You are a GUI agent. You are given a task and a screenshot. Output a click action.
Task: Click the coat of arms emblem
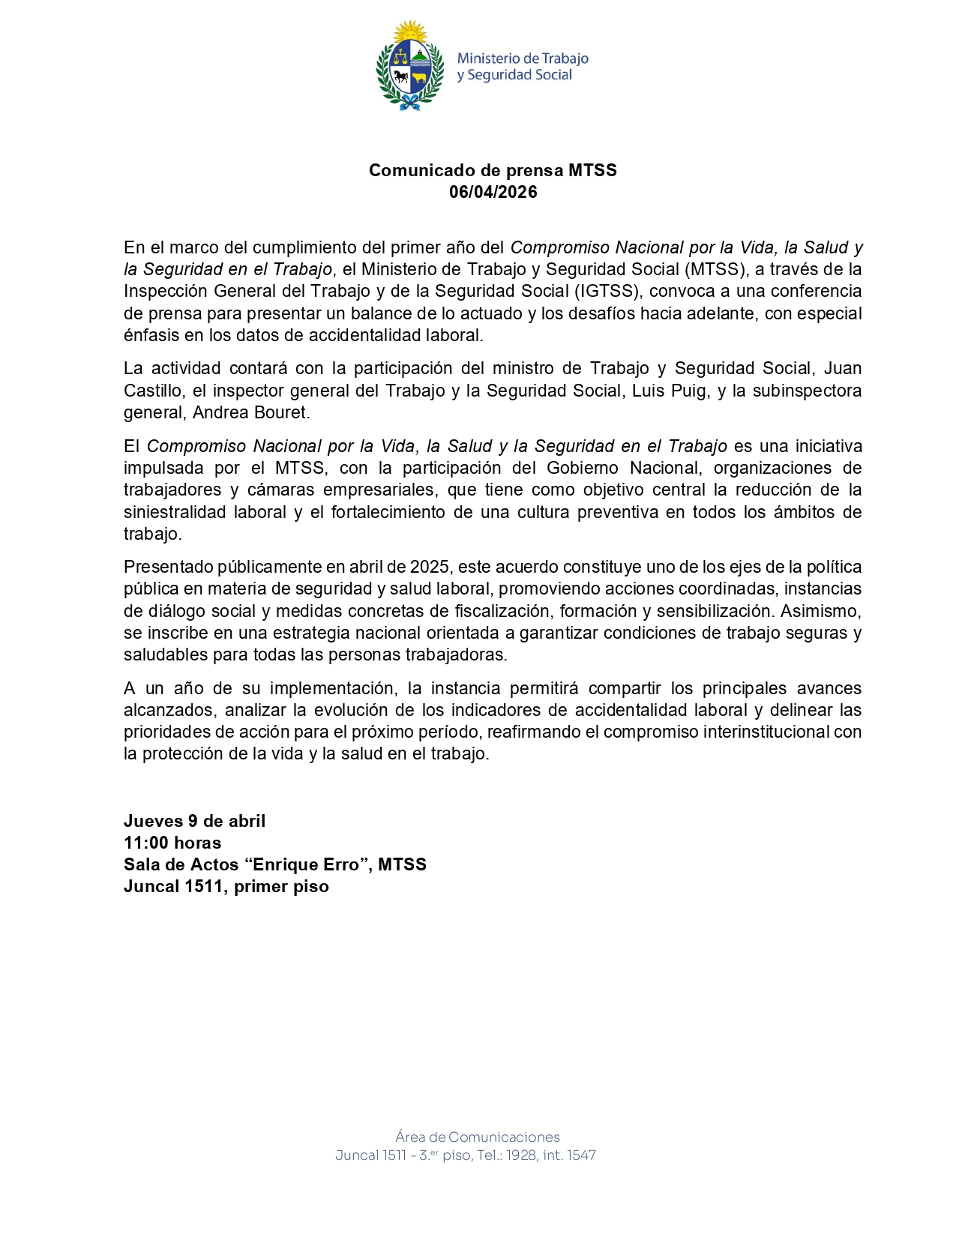pos(409,66)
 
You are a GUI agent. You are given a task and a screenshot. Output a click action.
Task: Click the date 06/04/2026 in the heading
pos(493,192)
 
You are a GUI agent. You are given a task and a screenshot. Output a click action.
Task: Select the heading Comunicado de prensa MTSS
pos(493,170)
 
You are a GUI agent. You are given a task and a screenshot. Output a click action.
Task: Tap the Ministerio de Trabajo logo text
pos(523,67)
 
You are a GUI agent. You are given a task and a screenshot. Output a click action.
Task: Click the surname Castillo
pos(153,391)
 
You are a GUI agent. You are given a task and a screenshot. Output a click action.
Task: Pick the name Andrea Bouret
pos(250,412)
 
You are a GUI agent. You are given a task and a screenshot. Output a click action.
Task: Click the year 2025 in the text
pos(430,567)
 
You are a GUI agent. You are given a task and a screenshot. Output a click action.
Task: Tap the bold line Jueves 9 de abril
pos(194,821)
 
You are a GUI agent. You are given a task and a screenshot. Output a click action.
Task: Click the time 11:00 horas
pos(172,843)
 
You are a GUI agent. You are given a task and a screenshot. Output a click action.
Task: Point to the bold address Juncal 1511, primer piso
pos(226,886)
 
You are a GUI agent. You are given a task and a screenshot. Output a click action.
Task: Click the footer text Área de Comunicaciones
pos(478,1137)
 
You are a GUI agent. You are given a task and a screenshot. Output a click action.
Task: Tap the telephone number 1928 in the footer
pos(521,1155)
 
